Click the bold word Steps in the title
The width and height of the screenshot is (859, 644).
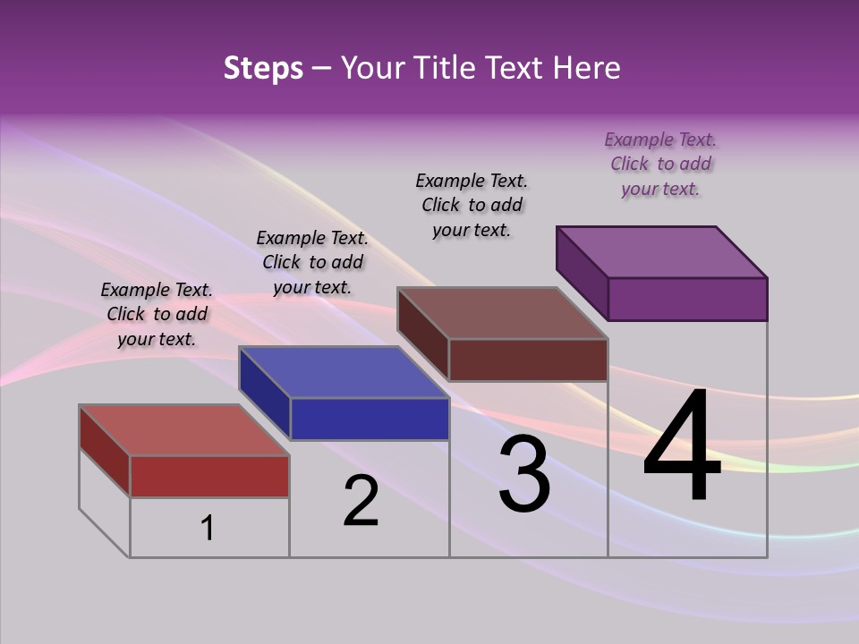pos(263,68)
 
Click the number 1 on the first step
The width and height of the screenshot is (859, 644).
pos(208,528)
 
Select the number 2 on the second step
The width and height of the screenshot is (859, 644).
pos(361,501)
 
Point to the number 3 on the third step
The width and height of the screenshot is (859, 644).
pos(523,474)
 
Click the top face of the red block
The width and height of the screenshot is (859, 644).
pos(183,430)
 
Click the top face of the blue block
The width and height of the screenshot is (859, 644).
pos(344,372)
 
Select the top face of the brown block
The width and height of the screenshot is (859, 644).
pos(503,313)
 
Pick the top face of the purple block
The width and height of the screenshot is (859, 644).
pos(662,252)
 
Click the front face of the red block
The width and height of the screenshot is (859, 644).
pos(209,476)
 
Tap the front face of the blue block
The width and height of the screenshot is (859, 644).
pos(370,419)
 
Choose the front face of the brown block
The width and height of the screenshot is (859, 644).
pos(528,360)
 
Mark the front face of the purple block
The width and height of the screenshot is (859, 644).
pos(687,299)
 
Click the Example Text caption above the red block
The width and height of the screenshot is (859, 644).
pos(157,314)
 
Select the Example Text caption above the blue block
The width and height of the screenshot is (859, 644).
pos(312,262)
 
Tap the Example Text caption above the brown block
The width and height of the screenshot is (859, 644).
pos(472,205)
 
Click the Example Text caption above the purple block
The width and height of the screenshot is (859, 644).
pos(660,164)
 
